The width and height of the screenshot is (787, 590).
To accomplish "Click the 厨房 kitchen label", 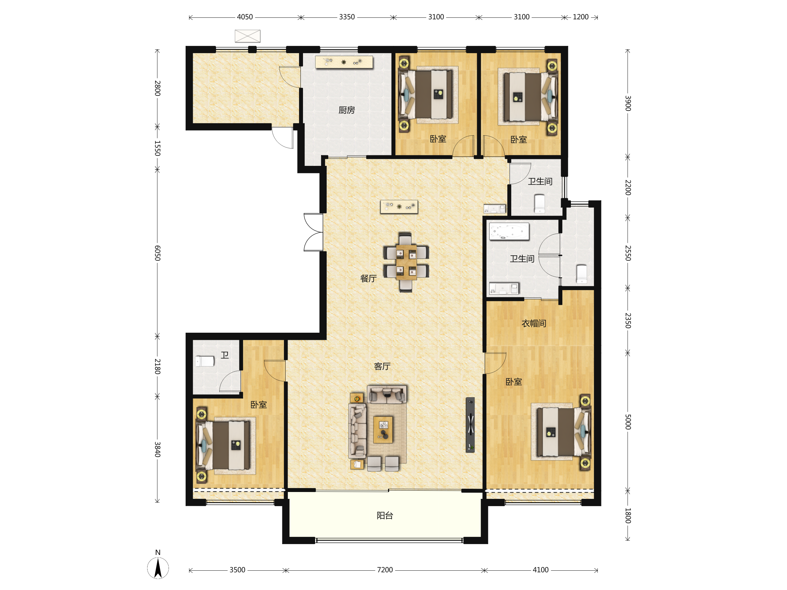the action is [347, 110].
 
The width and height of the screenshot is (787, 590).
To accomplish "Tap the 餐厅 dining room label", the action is [368, 279].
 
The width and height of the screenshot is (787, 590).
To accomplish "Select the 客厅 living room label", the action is [382, 366].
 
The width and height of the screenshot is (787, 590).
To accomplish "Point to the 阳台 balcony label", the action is [385, 515].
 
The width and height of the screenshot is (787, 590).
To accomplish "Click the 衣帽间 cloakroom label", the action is [534, 323].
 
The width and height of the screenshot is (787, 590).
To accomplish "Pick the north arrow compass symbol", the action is [158, 565].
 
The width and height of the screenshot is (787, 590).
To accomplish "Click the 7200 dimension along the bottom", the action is [385, 570].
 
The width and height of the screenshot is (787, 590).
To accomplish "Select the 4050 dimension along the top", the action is [245, 17].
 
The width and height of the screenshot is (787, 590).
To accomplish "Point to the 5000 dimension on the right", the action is [628, 422].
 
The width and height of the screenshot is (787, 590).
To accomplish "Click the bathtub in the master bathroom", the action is [509, 231].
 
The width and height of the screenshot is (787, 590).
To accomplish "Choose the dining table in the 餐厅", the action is [406, 263].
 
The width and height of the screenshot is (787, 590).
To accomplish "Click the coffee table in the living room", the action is [383, 430].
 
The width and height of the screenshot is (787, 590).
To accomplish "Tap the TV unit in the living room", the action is [470, 424].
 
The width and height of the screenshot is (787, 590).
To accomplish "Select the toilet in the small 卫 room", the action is [205, 361].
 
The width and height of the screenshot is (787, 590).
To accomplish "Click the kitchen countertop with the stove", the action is [344, 62].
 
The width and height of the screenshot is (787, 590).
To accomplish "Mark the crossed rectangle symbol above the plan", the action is [248, 36].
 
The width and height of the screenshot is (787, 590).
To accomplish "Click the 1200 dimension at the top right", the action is [581, 17].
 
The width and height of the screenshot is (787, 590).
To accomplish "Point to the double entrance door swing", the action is [313, 232].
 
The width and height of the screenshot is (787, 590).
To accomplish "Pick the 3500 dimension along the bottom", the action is [237, 570].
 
